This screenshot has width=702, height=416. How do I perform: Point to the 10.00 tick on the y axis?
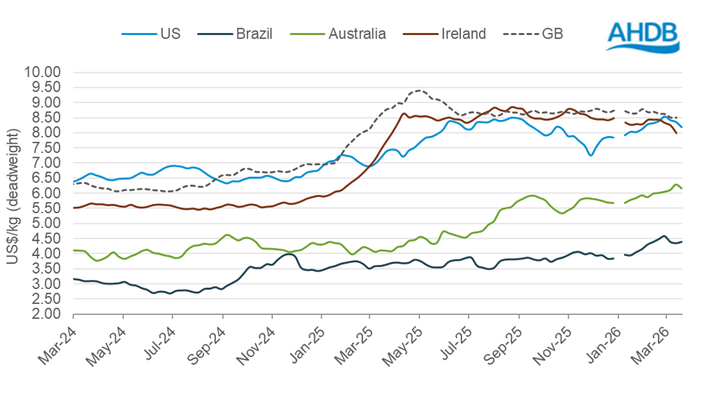coord(43,72)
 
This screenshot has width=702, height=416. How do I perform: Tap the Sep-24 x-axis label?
coord(208,341)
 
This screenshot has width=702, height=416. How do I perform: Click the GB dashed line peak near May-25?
coord(419,90)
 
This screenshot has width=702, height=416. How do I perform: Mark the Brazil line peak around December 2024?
coord(288,254)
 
